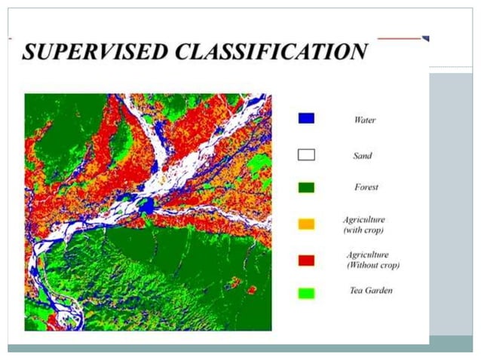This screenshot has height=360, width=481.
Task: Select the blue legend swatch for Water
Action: click(x=306, y=118)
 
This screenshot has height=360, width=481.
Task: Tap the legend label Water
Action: click(x=364, y=120)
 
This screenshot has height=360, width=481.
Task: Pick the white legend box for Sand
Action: click(x=306, y=155)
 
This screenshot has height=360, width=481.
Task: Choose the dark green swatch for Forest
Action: click(x=306, y=187)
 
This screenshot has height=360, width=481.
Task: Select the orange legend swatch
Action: click(x=306, y=224)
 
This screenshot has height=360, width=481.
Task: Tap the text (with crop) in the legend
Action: click(x=364, y=230)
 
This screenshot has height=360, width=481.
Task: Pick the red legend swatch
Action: click(x=306, y=260)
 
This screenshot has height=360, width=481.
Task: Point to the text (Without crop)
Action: click(x=372, y=265)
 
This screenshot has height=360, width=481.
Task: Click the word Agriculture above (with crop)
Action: click(x=364, y=220)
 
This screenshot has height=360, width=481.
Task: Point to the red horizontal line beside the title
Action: click(x=399, y=38)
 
